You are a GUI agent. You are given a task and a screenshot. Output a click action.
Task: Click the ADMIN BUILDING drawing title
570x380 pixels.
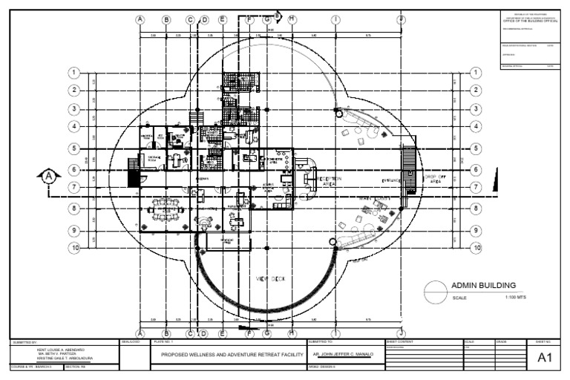point(483,284)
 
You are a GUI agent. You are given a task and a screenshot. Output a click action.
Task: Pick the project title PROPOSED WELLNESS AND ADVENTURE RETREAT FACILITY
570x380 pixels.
point(228,356)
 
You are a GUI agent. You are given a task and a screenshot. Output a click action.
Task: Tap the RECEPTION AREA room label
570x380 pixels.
point(330,181)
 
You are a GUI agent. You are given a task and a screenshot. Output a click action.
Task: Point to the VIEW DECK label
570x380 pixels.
point(270,278)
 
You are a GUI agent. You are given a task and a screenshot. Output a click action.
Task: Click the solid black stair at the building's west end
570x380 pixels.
point(134,177)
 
